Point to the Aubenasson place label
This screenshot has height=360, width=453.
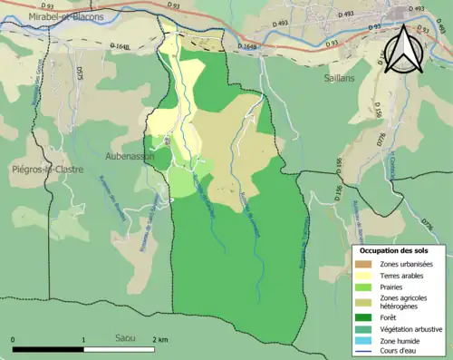(130, 156)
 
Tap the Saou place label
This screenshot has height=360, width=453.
(125, 337)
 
